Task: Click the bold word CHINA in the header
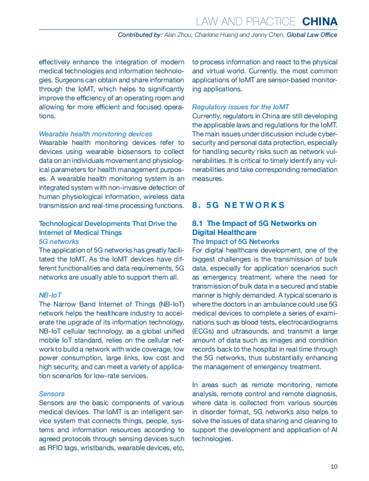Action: coord(320,22)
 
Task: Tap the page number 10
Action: coord(334,467)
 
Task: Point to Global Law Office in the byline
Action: coord(312,35)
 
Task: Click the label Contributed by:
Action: coord(140,35)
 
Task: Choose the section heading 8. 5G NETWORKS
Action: coord(238,205)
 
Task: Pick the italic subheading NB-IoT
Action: coord(50,295)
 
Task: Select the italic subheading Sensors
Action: coord(52,394)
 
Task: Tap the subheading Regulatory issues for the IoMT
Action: coord(240,107)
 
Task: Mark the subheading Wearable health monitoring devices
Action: coord(95,134)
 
